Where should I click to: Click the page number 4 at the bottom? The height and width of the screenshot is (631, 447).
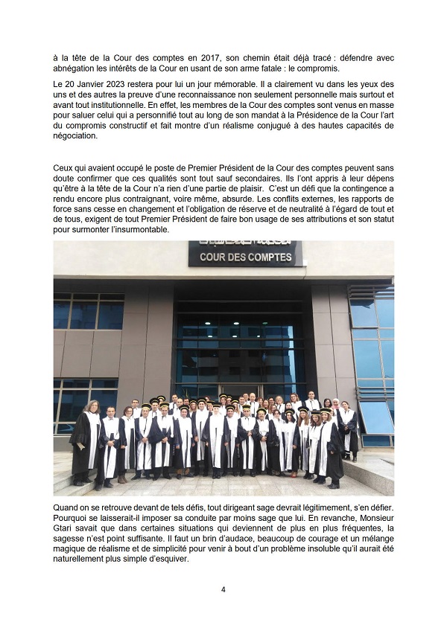[x=223, y=589]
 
